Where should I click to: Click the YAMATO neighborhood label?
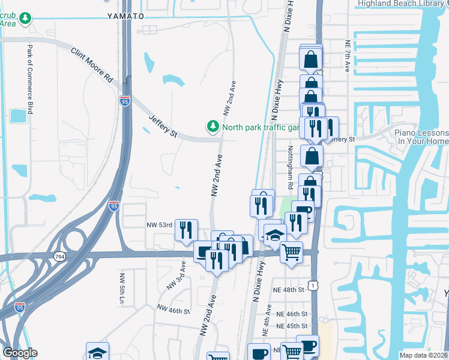pos(125,16)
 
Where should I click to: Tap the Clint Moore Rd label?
pos(92,65)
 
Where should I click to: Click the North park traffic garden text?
pos(260,127)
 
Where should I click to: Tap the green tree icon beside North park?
pos(212,127)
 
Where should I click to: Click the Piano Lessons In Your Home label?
pos(421,137)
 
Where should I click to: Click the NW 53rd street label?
pos(160,225)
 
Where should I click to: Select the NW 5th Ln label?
pos(122,287)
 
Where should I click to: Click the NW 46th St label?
pos(173,310)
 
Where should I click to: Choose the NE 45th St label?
pos(292,326)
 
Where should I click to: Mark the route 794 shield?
pos(59,257)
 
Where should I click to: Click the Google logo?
pos(20,353)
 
